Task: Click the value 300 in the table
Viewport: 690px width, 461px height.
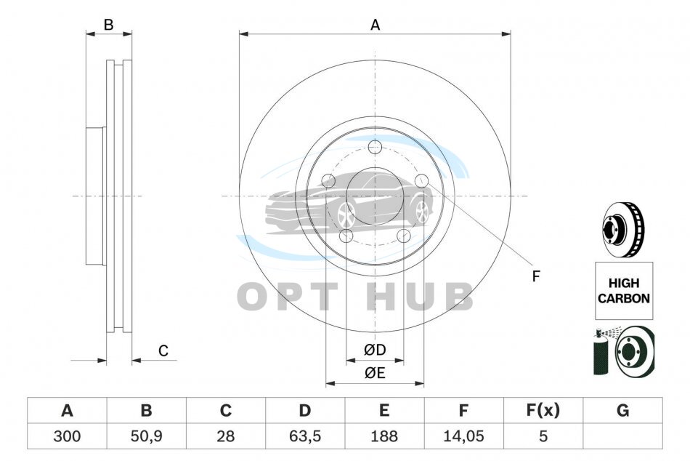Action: pos(67,436)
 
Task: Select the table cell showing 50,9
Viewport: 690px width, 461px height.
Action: pos(147,436)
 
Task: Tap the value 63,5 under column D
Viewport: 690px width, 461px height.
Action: pos(305,436)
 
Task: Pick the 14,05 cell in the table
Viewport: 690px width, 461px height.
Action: pos(463,436)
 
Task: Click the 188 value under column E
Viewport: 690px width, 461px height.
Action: pos(384,436)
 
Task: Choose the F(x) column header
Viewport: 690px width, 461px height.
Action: pos(543,410)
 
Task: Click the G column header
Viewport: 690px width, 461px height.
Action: pos(622,410)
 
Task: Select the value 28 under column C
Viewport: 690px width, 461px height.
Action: pos(226,436)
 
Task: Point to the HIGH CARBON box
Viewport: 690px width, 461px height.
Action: pos(624,290)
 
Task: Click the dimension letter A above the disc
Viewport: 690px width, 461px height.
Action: pos(375,25)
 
